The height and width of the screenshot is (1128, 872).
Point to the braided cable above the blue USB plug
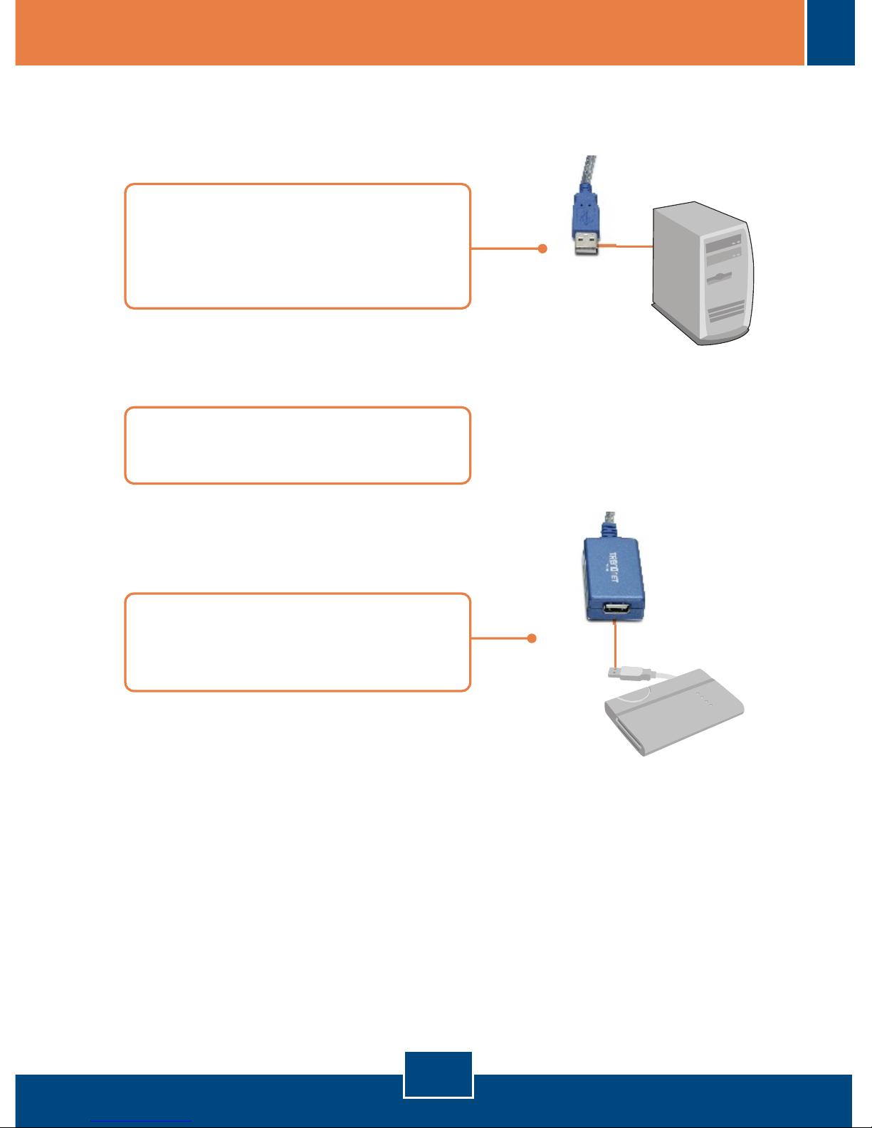pos(589,171)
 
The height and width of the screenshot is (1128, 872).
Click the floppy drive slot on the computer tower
pos(724,275)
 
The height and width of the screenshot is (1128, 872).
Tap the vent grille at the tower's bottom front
pos(727,312)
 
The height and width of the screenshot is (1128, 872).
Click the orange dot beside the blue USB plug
pos(542,248)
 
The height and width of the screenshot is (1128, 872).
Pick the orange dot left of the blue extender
pos(531,638)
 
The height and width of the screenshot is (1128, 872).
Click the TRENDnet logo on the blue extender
pos(614,568)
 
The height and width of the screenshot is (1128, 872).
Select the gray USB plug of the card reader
pos(621,670)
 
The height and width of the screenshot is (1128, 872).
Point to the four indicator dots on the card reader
pos(705,698)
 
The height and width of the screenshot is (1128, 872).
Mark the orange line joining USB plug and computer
pos(626,246)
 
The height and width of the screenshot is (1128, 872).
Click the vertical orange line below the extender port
pos(614,644)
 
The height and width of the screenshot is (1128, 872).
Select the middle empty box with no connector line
pos(298,446)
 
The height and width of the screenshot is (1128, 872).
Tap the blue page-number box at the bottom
pos(438,1075)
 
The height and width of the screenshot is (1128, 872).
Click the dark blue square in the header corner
pos(831,33)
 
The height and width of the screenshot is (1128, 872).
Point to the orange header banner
pos(409,33)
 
